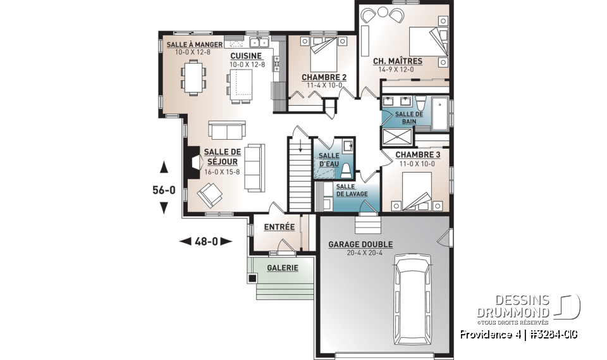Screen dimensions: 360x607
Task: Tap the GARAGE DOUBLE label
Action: [x=360, y=244]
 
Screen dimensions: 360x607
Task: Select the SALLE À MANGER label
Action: [x=194, y=44]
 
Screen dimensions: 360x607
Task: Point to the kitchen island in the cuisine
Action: [x=242, y=82]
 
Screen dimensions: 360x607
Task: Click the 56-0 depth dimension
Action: [x=164, y=189]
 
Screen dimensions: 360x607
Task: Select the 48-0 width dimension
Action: [x=206, y=241]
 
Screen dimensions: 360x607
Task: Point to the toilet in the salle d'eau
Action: [x=346, y=170]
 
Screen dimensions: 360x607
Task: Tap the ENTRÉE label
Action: [x=279, y=227]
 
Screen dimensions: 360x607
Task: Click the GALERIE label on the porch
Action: [x=282, y=268]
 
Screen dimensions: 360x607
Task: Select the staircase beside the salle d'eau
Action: [x=300, y=174]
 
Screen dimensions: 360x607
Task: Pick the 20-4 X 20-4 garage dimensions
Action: [x=360, y=253]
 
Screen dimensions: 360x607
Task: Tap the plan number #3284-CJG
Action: [x=550, y=334]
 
